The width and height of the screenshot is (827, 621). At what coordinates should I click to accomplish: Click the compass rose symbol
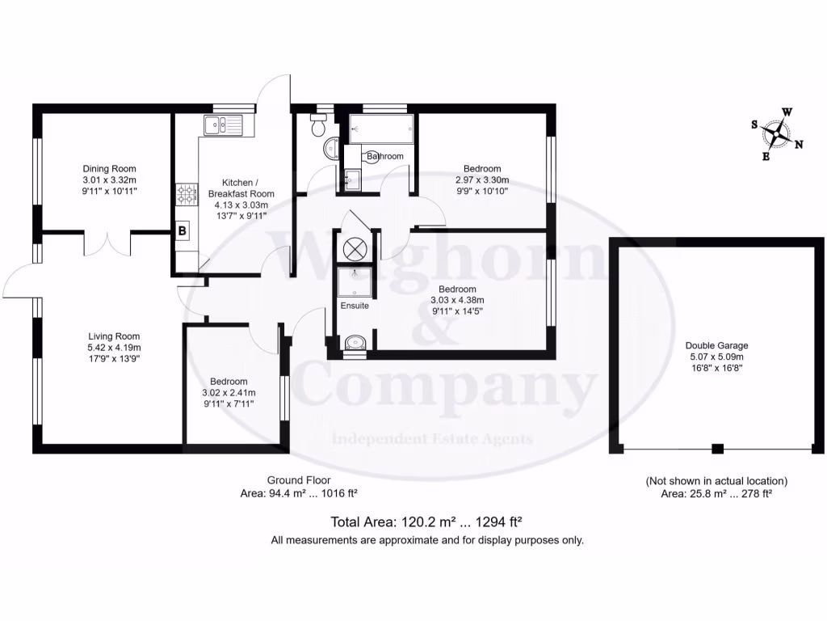777,134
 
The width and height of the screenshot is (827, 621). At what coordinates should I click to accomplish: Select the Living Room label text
114,336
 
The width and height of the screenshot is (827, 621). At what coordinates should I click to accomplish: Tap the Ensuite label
355,306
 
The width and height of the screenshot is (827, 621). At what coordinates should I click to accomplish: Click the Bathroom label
384,156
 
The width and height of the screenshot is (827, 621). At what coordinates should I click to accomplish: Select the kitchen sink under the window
220,125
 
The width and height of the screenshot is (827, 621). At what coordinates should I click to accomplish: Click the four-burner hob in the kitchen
185,193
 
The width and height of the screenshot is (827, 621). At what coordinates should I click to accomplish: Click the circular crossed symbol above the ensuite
355,248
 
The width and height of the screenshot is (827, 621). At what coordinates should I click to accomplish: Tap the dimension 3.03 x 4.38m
457,300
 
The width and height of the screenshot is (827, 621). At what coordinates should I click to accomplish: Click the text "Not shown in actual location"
716,480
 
